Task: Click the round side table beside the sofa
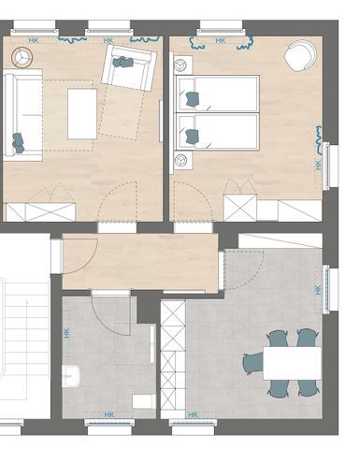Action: tap(22, 57)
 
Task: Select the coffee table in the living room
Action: tap(82, 114)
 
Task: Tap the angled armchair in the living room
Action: tap(129, 67)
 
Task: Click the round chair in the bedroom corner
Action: tap(300, 56)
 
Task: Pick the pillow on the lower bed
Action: tap(192, 137)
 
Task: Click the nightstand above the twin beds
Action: tap(182, 65)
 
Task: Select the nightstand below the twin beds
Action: tap(182, 160)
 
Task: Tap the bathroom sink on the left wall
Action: tap(71, 376)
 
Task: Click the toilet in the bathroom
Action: tap(144, 401)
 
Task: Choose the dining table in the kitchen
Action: tap(292, 363)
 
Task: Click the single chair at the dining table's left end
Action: tap(253, 363)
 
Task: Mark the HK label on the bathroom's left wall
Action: tap(66, 334)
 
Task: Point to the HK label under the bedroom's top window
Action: tap(221, 40)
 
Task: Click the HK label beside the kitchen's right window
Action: tap(318, 290)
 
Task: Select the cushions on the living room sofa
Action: tap(19, 143)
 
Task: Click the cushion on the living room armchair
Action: tap(122, 62)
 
